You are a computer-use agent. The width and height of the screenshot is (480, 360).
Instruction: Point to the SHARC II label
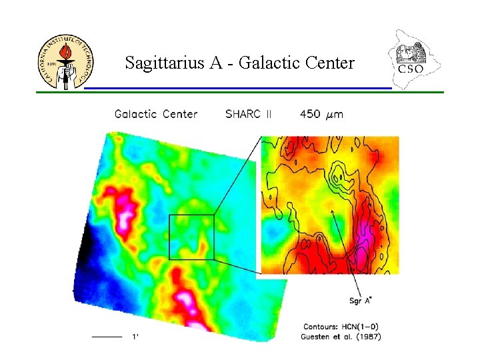pyautogui.click(x=249, y=114)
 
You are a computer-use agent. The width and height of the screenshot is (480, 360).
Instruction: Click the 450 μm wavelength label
pyautogui.click(x=321, y=114)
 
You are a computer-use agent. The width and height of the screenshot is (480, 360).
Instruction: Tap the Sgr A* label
pyautogui.click(x=360, y=300)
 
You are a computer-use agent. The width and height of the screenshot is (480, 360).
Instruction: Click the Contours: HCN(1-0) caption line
pyautogui.click(x=342, y=327)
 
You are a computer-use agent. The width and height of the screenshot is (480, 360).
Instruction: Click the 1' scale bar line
pyautogui.click(x=107, y=337)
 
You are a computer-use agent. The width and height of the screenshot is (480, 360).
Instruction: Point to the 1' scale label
pyautogui.click(x=135, y=337)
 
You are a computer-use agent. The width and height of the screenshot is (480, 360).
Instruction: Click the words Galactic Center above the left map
pyautogui.click(x=156, y=114)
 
